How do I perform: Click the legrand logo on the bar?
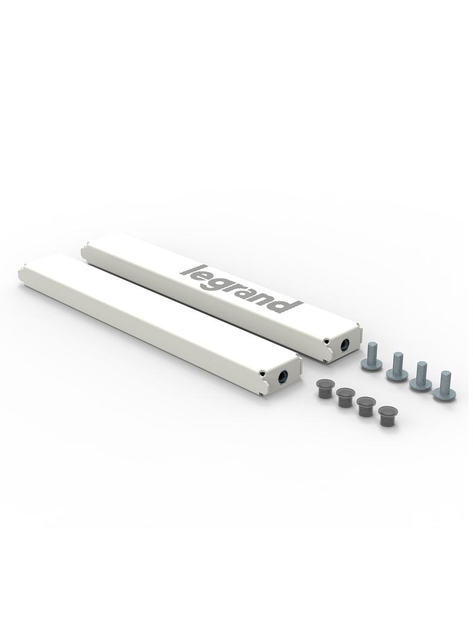240,288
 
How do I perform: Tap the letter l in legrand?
189,270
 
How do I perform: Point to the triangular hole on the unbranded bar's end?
262,373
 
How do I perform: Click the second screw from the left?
396,366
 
